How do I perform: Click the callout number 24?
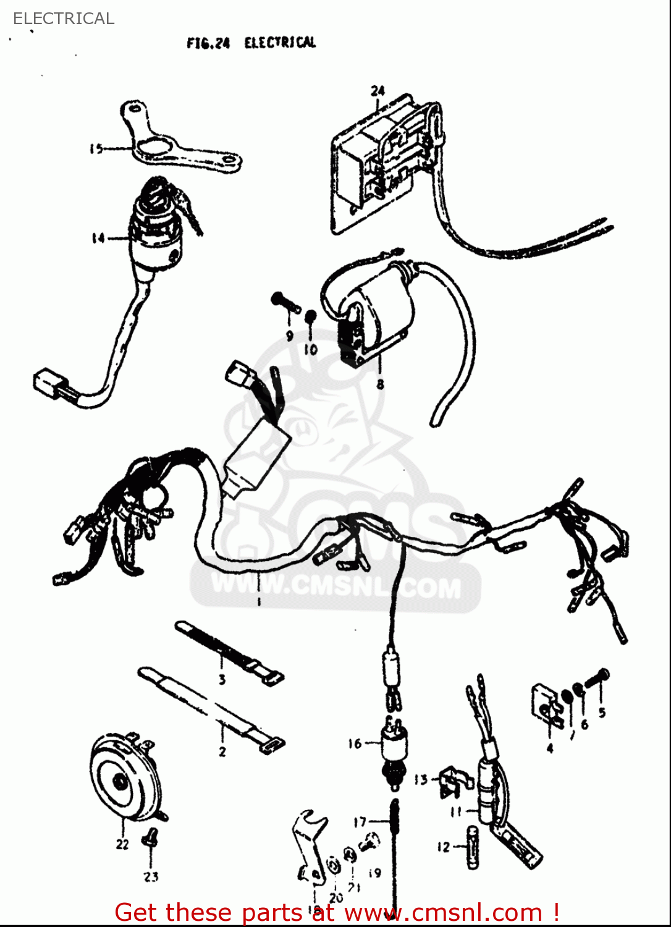click(378, 91)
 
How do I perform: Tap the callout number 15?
click(96, 148)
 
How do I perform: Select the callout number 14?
click(98, 238)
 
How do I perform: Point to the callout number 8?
click(380, 384)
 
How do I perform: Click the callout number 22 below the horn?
click(122, 844)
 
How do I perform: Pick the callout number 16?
click(355, 743)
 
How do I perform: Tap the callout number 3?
click(222, 680)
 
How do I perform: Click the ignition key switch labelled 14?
click(154, 229)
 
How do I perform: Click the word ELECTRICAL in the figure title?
click(280, 43)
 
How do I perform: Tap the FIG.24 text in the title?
click(208, 43)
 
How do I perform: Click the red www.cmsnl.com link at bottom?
click(442, 912)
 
